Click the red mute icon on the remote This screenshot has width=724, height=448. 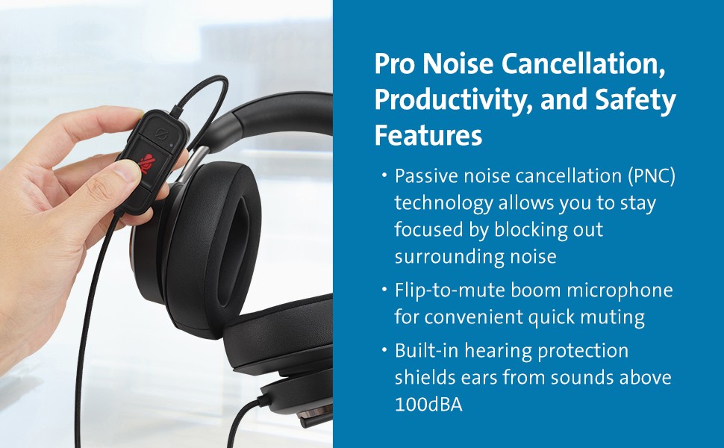(x=149, y=163)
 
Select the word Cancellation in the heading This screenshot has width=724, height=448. (x=584, y=63)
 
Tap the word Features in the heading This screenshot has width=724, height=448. (x=428, y=135)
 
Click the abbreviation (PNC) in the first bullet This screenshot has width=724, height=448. (x=652, y=176)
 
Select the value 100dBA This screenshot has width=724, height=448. (x=428, y=405)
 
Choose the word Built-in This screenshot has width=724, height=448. (x=426, y=351)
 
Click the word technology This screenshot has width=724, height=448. (x=443, y=204)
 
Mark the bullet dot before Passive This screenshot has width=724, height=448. (x=383, y=175)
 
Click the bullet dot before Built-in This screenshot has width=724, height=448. (x=383, y=350)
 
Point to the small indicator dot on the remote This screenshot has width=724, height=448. (x=172, y=145)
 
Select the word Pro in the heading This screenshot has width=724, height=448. (x=395, y=63)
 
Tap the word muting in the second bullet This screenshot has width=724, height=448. (x=613, y=318)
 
